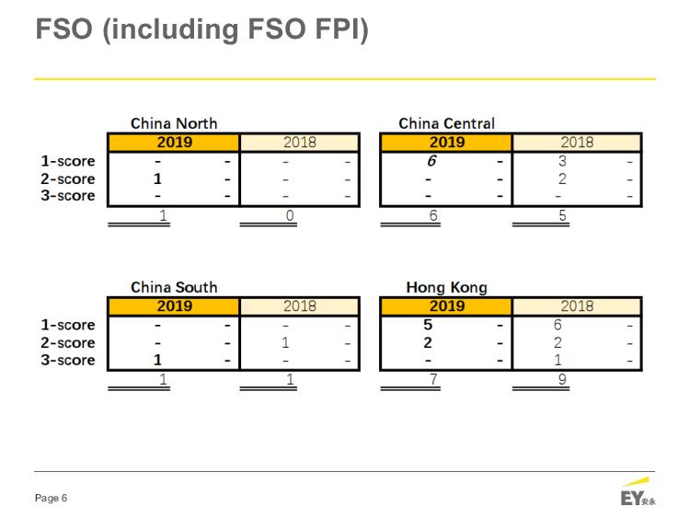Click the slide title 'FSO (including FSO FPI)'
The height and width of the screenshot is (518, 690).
201,29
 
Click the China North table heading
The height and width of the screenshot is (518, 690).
174,123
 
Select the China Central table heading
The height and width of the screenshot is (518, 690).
446,123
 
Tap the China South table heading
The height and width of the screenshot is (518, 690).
174,287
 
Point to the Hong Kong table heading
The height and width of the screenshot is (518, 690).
446,287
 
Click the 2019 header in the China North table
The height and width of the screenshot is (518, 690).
174,143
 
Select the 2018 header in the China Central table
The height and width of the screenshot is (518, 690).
577,143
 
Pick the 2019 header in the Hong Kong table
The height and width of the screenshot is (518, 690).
446,306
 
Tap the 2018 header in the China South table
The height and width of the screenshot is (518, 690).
299,306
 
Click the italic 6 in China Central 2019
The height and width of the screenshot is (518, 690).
430,161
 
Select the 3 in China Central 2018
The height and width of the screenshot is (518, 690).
562,161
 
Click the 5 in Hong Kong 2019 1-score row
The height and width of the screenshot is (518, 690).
429,325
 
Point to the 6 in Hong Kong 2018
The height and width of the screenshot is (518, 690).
558,325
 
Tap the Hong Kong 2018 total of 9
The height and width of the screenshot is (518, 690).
562,379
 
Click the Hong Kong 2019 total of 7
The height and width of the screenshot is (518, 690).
433,379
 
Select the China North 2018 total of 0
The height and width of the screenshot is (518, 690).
290,215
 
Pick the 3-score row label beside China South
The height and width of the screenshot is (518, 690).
68,360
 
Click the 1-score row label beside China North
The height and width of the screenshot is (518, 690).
68,161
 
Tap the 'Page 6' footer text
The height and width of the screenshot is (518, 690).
51,499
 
